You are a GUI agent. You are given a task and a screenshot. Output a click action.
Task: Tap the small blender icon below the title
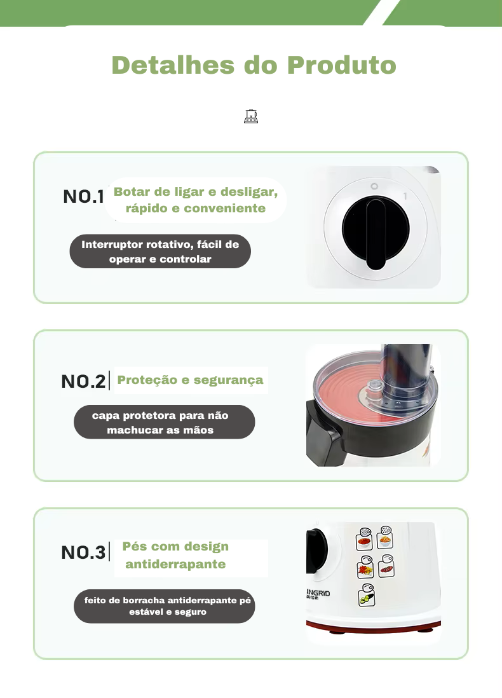(251, 116)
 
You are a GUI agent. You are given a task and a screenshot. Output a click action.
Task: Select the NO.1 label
(83, 196)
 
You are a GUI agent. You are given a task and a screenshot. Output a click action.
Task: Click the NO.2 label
(83, 381)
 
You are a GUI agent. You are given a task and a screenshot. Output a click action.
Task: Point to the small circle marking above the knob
(374, 187)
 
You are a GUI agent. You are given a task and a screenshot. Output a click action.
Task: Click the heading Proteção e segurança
(190, 380)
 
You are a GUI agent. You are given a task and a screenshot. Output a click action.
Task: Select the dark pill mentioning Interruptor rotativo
(160, 252)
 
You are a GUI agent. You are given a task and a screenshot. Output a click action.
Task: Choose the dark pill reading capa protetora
(164, 423)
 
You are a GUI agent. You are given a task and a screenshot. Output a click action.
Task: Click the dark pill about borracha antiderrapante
(164, 606)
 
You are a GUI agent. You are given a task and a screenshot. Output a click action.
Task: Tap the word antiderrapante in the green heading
(175, 565)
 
